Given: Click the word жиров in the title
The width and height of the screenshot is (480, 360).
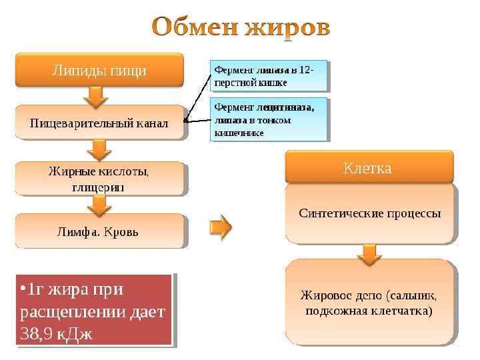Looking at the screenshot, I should click(x=286, y=28).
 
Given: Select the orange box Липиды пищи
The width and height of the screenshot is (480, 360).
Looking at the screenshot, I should click(x=99, y=70).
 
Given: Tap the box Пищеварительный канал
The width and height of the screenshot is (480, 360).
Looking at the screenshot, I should click(x=99, y=123).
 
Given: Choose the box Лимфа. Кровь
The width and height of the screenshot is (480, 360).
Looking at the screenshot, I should click(x=99, y=231).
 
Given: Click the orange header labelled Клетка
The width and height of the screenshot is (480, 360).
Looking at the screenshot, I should click(x=369, y=167).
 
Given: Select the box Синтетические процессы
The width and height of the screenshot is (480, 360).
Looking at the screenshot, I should click(x=370, y=214).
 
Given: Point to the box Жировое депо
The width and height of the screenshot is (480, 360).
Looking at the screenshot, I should click(x=370, y=303).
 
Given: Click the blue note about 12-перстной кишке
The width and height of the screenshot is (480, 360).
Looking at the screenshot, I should click(x=269, y=76).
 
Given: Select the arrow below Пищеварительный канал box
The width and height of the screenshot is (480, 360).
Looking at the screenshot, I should click(x=99, y=149).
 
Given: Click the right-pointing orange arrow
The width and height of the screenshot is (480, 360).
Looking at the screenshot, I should click(x=221, y=227).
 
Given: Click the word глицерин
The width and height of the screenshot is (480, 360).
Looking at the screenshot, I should click(x=99, y=187).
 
